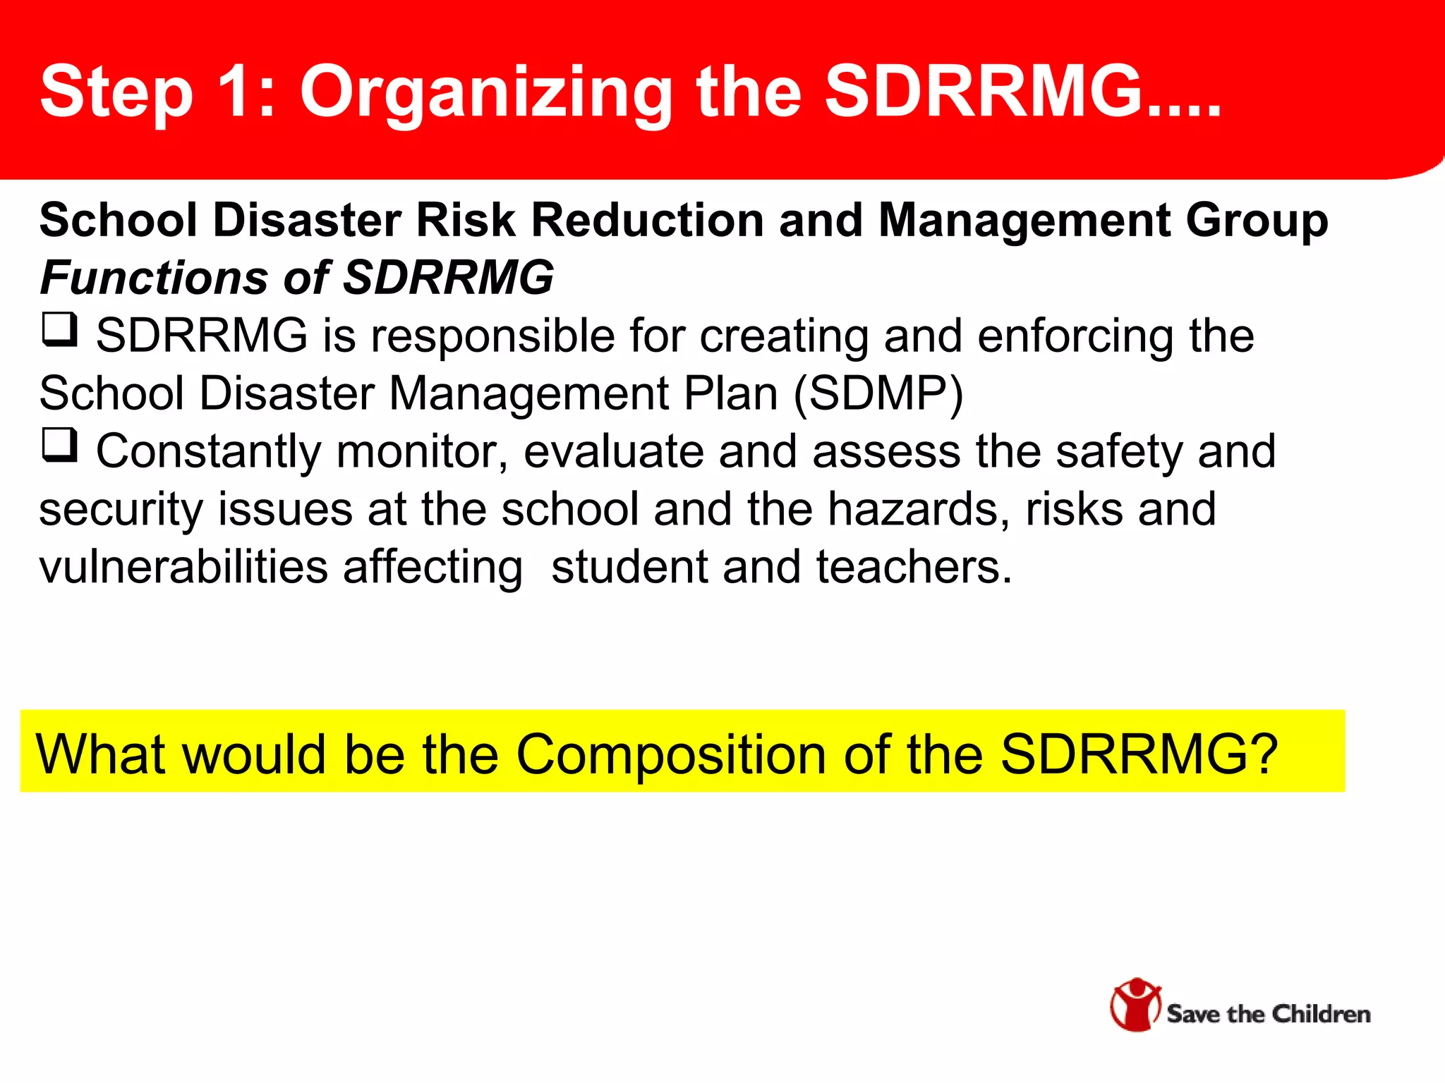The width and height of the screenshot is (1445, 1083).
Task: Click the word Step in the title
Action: coord(116,92)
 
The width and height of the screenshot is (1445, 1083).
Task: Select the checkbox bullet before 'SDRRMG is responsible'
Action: coord(59,330)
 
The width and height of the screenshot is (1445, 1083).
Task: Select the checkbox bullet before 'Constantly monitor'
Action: coord(59,446)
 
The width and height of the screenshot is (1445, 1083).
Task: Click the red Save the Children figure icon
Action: coord(1135,1004)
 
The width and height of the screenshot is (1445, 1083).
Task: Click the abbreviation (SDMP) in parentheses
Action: coord(878,393)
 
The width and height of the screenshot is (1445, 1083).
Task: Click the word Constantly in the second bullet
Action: coord(208,451)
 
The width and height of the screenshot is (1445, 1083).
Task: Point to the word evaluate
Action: coord(613,451)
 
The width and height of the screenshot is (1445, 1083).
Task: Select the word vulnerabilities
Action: coord(183,567)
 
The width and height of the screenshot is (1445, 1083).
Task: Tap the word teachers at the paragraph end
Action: coord(913,567)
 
